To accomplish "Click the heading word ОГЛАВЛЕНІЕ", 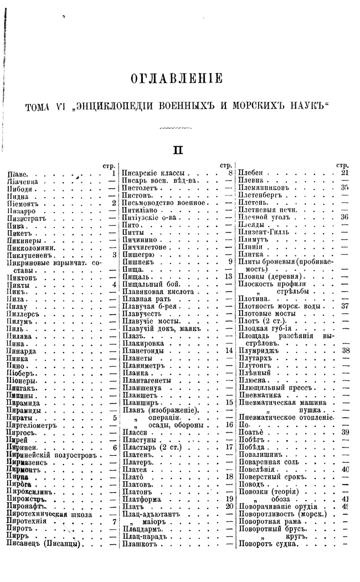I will pos(176,79).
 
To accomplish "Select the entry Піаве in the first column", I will pos(15,173).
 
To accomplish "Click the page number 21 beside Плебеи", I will pos(344,173).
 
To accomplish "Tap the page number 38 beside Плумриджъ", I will pos(344,351).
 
